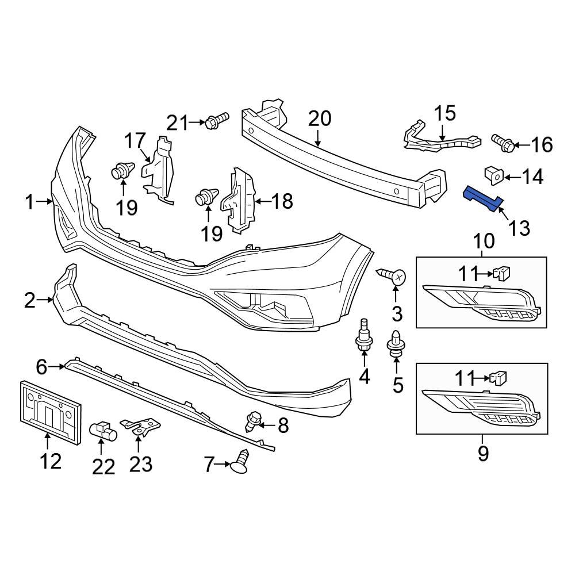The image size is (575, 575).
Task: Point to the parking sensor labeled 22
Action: (102, 429)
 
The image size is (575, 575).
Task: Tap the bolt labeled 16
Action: (503, 142)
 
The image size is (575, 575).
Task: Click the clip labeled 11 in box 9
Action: (499, 378)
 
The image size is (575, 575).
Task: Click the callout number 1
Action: (30, 202)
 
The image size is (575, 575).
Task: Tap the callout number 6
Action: (41, 366)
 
